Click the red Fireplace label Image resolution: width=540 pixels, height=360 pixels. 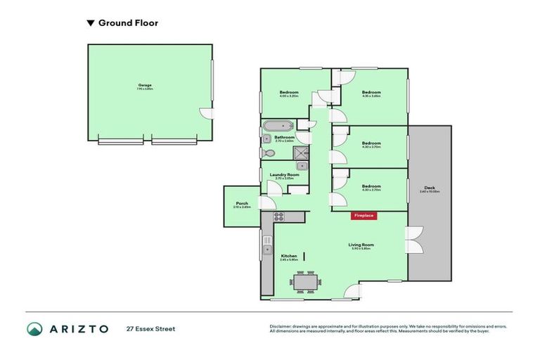[364, 215]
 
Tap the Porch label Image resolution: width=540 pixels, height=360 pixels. [241, 205]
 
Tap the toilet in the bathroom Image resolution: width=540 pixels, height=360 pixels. [269, 152]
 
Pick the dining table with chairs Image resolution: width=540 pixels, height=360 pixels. [305, 283]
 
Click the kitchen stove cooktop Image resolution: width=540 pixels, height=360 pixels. [278, 217]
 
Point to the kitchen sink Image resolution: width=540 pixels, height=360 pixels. [267, 248]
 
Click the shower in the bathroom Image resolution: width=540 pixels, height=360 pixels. [301, 153]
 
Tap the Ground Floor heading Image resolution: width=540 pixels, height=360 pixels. [128, 23]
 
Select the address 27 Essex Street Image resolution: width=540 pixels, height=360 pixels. [151, 328]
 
